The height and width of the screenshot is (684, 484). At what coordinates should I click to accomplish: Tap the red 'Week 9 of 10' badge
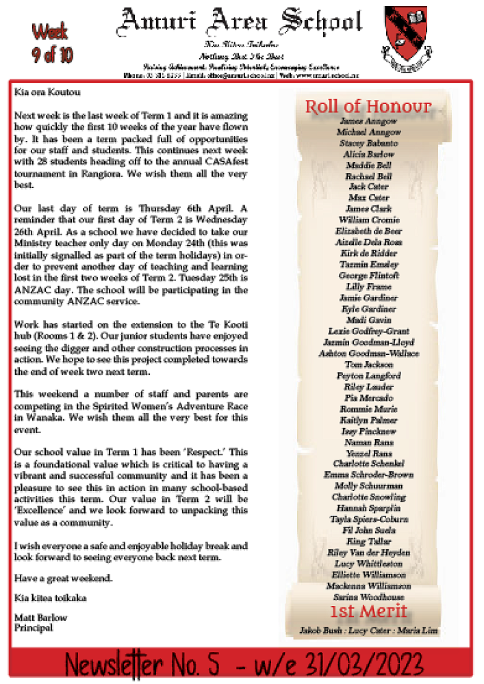(52, 42)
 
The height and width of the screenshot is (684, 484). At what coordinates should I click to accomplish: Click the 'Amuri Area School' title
(240, 22)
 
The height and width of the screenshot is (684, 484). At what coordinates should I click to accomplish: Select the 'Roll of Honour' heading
(368, 107)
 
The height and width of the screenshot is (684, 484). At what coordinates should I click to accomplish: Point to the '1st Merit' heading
(368, 611)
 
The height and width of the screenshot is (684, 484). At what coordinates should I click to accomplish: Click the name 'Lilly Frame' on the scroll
(368, 287)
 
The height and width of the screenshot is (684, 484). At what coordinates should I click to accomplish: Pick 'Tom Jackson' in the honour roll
(368, 365)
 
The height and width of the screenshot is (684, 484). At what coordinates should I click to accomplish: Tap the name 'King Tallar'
(368, 541)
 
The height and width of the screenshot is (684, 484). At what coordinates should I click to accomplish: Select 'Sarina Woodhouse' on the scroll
(368, 596)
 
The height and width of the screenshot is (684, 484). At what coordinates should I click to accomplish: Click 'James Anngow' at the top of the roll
(368, 121)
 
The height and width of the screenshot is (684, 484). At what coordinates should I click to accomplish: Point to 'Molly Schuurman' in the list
(368, 486)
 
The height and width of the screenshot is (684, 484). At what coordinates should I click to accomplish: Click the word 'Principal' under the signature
(34, 627)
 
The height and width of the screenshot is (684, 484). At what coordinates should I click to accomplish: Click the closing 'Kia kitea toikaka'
(51, 598)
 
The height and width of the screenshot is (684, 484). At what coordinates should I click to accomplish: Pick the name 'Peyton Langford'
(368, 376)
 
